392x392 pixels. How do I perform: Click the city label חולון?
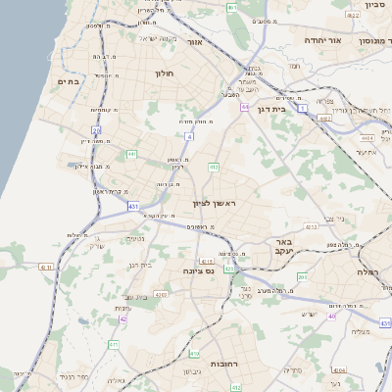tap(164, 73)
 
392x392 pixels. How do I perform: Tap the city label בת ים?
tap(68, 81)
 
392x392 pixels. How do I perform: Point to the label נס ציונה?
tap(199, 270)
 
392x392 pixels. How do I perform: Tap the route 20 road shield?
tap(96, 129)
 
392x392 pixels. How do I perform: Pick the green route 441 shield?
tap(131, 154)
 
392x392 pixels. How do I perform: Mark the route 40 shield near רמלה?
tap(332, 316)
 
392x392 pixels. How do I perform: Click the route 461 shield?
tap(231, 7)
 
